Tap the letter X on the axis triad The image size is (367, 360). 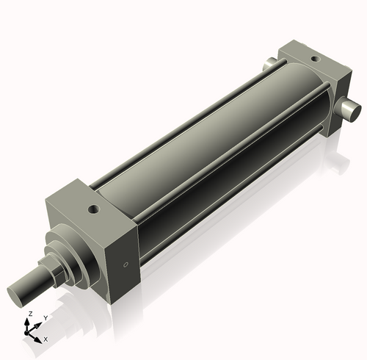pos(46,339)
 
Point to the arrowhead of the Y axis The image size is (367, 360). pos(39,324)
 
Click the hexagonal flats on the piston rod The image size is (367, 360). pos(55,275)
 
